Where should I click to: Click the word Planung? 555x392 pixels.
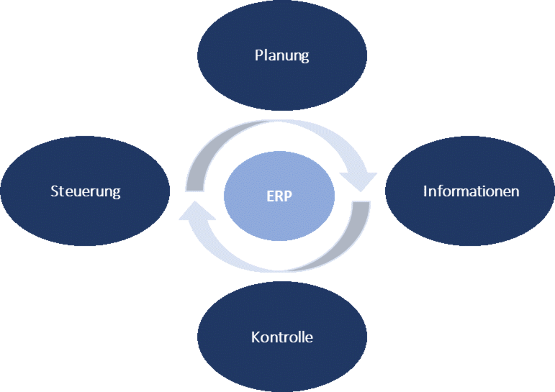click(282, 55)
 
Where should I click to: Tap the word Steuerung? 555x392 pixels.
click(85, 191)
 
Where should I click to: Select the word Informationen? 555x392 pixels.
click(471, 191)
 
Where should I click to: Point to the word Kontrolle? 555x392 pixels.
click(282, 337)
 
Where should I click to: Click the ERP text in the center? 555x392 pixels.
click(279, 196)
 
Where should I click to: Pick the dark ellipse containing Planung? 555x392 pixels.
click(282, 28)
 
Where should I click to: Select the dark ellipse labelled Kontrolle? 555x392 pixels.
click(282, 365)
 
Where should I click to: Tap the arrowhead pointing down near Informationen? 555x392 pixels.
click(358, 181)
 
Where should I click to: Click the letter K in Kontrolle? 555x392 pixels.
click(255, 337)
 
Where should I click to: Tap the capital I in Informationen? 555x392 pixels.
click(425, 191)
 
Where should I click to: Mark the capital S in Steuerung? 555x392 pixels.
click(54, 191)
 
